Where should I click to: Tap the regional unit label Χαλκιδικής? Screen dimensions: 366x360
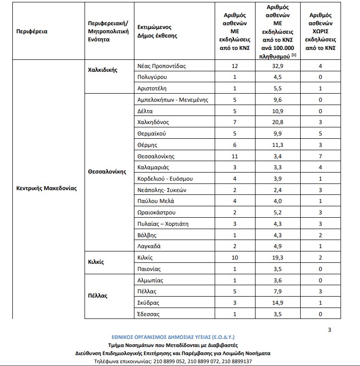(x=102, y=69)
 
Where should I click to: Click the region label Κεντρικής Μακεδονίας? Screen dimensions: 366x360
(x=46, y=188)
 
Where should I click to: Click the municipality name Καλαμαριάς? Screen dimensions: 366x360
(x=153, y=167)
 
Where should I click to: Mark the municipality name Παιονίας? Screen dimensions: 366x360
(x=150, y=269)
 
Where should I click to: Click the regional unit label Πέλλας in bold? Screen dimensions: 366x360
(x=98, y=296)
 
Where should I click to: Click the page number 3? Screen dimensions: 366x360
(x=330, y=330)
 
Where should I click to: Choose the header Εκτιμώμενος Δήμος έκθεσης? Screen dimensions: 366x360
(x=157, y=32)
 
